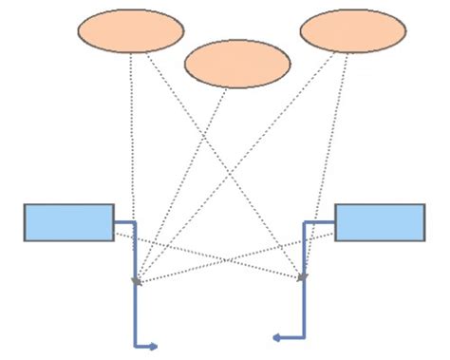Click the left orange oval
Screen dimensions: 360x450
[129, 30]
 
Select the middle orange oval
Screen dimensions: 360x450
[236, 64]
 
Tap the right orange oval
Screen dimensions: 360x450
[352, 30]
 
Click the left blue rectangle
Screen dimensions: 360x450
[68, 222]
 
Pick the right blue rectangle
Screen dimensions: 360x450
[380, 222]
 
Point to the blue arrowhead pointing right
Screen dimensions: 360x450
[153, 346]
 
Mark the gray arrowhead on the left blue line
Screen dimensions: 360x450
[137, 281]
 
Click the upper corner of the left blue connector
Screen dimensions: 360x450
[137, 223]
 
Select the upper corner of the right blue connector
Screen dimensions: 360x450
[304, 223]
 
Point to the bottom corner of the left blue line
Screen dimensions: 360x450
[137, 345]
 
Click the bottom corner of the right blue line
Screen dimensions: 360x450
[304, 335]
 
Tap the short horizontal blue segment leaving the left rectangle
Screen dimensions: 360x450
[125, 223]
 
